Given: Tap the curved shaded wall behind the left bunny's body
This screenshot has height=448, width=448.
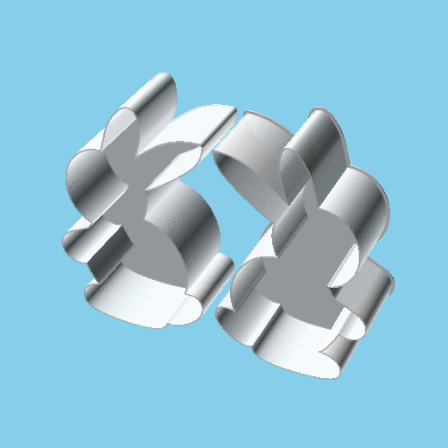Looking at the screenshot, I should coord(188,219).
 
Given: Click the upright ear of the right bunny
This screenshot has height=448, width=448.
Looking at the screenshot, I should coord(319,140).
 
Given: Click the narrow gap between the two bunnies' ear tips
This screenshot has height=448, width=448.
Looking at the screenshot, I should coord(225,131).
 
